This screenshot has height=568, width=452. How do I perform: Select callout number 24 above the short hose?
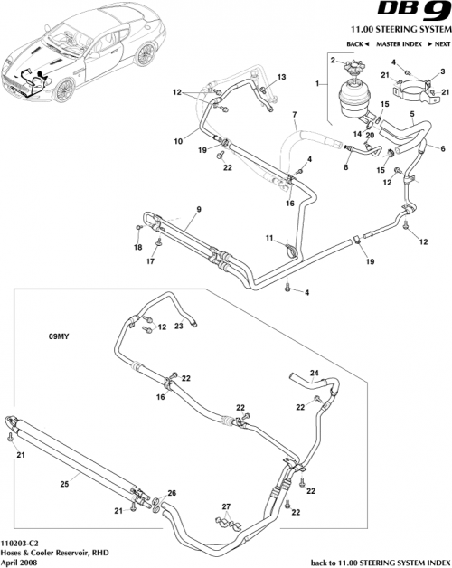314,371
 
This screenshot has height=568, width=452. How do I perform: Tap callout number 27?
227,506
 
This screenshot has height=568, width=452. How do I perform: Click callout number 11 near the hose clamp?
268,237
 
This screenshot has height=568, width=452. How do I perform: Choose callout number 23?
179,326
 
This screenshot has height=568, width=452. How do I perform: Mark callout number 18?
138,247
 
